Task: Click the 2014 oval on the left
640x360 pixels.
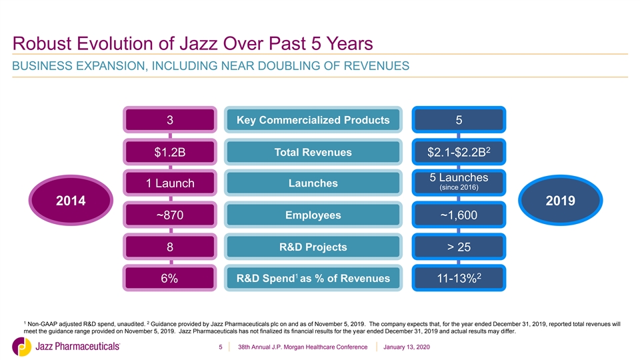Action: [71, 200]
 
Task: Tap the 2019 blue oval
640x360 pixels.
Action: [561, 200]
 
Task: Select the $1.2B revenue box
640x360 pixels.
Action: [170, 152]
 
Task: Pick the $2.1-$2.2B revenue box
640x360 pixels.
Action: [459, 152]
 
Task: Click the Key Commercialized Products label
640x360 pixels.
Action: [313, 119]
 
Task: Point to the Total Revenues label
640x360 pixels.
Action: [313, 152]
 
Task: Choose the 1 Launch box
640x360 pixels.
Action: [170, 183]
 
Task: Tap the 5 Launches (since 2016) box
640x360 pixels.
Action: [459, 183]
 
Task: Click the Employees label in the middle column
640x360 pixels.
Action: [313, 215]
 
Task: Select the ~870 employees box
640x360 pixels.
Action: [170, 215]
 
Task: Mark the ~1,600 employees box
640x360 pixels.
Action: [459, 215]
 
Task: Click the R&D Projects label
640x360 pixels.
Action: [313, 247]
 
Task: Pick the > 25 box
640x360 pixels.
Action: [459, 247]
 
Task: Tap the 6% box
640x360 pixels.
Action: [170, 278]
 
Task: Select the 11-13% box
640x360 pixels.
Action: [459, 278]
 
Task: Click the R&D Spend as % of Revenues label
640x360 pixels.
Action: [313, 278]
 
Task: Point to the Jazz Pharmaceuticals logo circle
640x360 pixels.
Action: [21, 347]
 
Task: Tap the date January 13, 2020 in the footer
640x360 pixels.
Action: [407, 347]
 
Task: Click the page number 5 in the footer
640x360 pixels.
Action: [221, 347]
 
